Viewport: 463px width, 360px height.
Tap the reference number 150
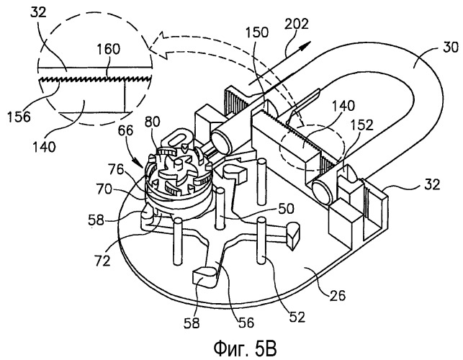pos(256,33)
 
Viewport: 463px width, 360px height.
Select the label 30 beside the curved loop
pos(451,48)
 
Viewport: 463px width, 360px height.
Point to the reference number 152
pos(362,125)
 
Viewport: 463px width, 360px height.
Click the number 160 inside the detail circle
pos(108,49)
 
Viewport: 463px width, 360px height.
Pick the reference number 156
pos(19,117)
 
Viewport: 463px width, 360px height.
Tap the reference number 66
pos(125,130)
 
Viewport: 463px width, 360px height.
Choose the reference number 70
pos(104,189)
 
